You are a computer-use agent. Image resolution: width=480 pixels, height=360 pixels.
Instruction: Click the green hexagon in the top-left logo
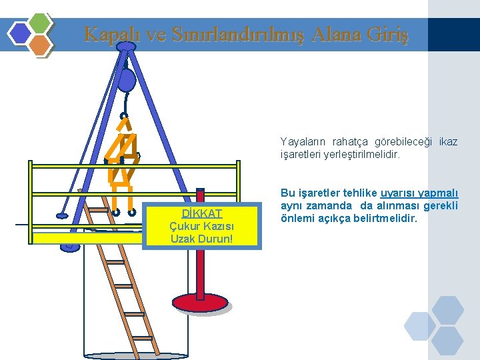pyautogui.click(x=41, y=23)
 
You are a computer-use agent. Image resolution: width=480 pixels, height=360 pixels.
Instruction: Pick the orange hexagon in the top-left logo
pyautogui.click(x=41, y=45)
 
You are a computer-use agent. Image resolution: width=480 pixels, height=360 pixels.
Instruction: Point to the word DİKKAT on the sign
pyautogui.click(x=201, y=214)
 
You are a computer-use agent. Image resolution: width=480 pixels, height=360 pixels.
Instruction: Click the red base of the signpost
pyautogui.click(x=201, y=303)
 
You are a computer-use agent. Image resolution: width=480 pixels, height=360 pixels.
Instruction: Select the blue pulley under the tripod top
pyautogui.click(x=126, y=81)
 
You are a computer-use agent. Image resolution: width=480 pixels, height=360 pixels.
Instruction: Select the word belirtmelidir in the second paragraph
pyautogui.click(x=383, y=218)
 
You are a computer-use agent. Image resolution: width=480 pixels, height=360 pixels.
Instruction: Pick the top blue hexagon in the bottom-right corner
pyautogui.click(x=447, y=309)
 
